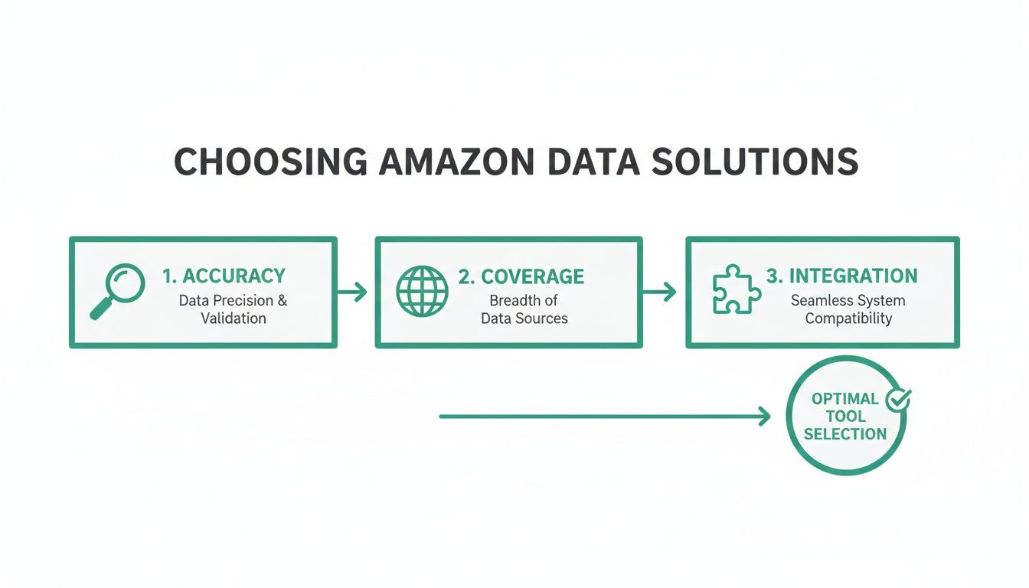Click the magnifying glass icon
[x=116, y=291]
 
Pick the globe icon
[x=422, y=292]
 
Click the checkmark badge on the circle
[x=897, y=399]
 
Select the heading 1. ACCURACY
[x=224, y=276]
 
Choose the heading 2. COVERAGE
[x=521, y=276]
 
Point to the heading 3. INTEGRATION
[x=841, y=276]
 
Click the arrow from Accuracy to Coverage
[x=352, y=292]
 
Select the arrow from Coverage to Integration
[x=660, y=292]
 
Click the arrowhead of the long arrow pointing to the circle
[x=764, y=416]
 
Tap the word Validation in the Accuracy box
[x=234, y=318]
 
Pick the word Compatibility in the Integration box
[x=848, y=318]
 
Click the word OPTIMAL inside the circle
[x=844, y=399]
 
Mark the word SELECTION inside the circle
[x=845, y=434]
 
